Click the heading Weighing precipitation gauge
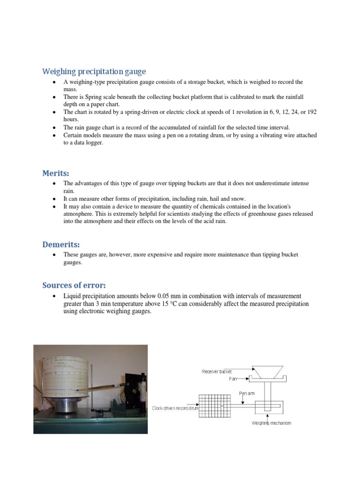click(x=94, y=72)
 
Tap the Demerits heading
click(x=61, y=244)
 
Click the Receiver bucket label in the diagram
click(x=217, y=372)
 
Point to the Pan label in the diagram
click(x=233, y=379)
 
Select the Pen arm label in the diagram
click(x=247, y=394)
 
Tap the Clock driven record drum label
click(x=175, y=408)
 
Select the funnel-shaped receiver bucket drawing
click(x=266, y=371)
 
